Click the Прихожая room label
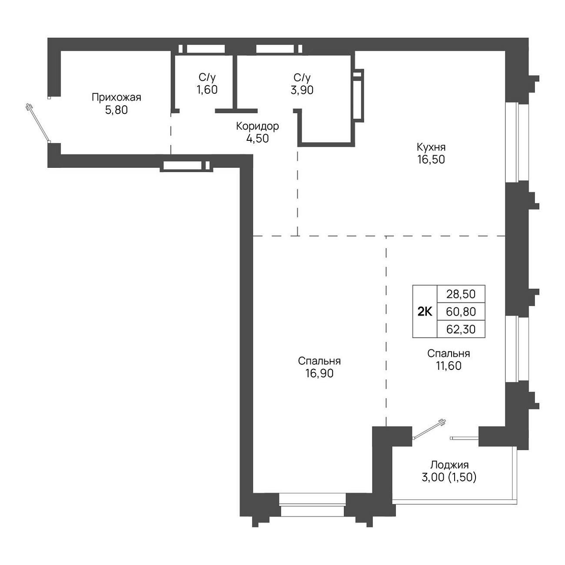(116, 97)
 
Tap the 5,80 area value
(116, 110)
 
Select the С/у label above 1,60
(207, 78)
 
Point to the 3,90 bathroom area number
(302, 90)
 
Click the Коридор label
(257, 126)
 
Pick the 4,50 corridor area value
(257, 138)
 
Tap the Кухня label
(431, 146)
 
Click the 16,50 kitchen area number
(431, 159)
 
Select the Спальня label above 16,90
(319, 361)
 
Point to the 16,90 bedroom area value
(319, 373)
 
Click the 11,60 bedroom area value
(449, 366)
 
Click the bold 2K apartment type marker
(425, 312)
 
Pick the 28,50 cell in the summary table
(461, 294)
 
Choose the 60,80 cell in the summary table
(461, 311)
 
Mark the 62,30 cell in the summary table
(461, 329)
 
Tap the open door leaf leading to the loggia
(429, 430)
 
